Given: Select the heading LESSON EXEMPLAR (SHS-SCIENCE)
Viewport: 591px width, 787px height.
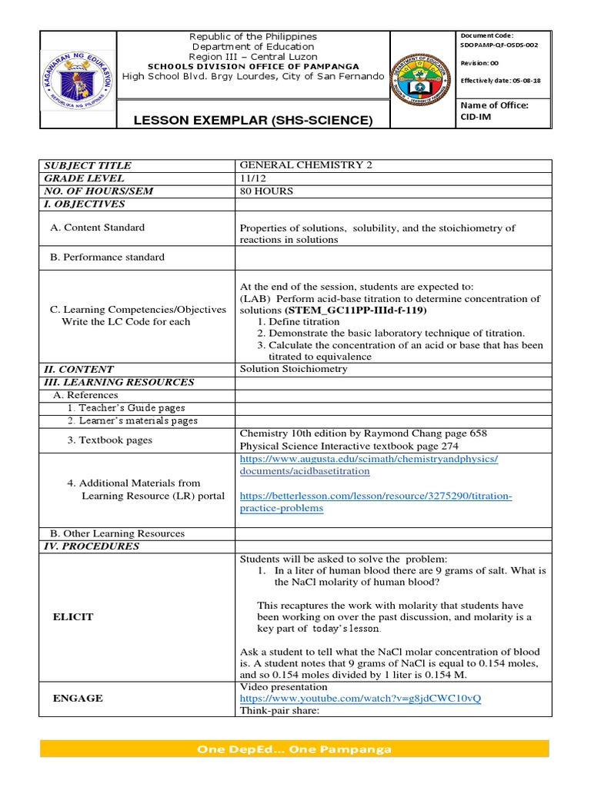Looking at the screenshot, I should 243,120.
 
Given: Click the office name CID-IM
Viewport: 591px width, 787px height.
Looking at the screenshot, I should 476,116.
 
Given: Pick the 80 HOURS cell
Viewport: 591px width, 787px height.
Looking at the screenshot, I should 266,191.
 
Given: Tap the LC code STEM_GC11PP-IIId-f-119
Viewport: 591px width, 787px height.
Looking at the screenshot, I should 356,310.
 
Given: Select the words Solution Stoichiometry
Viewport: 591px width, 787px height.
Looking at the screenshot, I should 294,369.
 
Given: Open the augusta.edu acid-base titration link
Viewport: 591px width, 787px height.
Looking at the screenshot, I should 369,464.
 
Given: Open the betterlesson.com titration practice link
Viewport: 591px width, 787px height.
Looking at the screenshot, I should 376,502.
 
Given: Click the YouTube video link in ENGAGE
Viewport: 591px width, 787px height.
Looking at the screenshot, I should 360,699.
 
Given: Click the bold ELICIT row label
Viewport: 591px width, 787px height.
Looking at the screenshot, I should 72,617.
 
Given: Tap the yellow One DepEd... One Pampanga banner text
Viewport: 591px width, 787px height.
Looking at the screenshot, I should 294,749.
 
